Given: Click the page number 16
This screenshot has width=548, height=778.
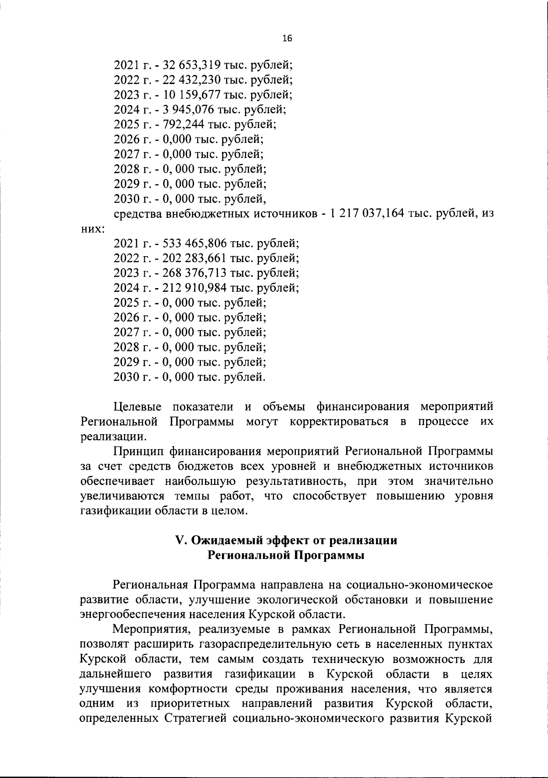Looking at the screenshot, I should click(x=287, y=38).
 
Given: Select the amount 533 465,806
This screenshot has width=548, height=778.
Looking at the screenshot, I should click(x=192, y=243).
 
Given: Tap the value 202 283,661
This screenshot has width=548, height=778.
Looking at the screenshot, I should click(x=192, y=258).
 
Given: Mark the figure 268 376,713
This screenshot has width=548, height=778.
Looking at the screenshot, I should click(x=192, y=273).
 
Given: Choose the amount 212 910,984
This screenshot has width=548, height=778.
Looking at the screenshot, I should click(x=192, y=288).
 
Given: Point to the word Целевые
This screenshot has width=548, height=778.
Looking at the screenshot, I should click(x=137, y=407).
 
